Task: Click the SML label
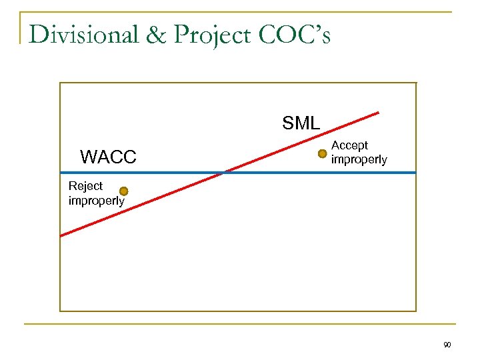tap(301, 123)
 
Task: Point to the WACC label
tap(108, 157)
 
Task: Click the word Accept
tap(349, 145)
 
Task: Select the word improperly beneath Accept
tap(359, 160)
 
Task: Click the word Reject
tap(86, 186)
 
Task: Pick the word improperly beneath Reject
tap(96, 201)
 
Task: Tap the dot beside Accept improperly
tap(322, 154)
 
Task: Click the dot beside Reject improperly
tap(123, 191)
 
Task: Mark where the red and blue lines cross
tap(225, 173)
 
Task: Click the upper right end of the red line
tap(379, 112)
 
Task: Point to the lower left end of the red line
tap(61, 235)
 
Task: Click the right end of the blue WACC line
tap(415, 173)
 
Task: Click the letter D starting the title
tap(39, 35)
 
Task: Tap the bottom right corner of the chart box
tap(416, 311)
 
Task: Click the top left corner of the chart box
tap(60, 83)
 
